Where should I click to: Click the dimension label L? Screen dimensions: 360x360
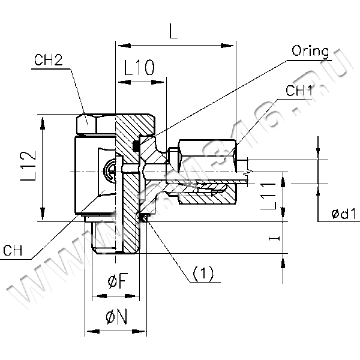(x=173, y=34)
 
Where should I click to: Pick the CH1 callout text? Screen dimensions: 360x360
(x=299, y=91)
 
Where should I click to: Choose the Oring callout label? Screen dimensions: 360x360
(x=310, y=50)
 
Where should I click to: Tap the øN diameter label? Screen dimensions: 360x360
(x=116, y=318)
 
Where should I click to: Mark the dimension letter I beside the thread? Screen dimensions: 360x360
(x=274, y=239)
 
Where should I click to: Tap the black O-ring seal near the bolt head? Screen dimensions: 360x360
(x=136, y=145)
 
